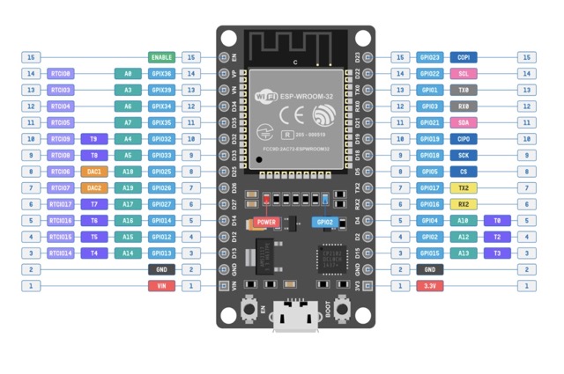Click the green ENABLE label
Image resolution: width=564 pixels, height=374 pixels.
pyautogui.click(x=161, y=57)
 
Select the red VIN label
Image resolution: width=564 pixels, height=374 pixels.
pyautogui.click(x=161, y=286)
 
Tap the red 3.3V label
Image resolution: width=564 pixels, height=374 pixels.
pyautogui.click(x=429, y=286)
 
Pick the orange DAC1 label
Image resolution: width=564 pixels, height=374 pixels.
pyautogui.click(x=94, y=172)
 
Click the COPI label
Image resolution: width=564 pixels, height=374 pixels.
pyautogui.click(x=464, y=57)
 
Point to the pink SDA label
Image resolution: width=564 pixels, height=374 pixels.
pyautogui.click(x=464, y=122)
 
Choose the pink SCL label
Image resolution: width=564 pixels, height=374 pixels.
pyautogui.click(x=464, y=74)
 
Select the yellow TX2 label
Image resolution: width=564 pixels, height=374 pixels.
pyautogui.click(x=464, y=187)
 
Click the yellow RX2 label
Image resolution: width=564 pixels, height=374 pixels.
pyautogui.click(x=464, y=204)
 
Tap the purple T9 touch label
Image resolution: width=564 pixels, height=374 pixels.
pyautogui.click(x=94, y=139)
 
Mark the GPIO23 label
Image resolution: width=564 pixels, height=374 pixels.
pyautogui.click(x=429, y=57)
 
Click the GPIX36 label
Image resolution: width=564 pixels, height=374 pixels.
pyautogui.click(x=161, y=74)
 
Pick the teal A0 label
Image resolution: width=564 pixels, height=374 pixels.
pyautogui.click(x=128, y=74)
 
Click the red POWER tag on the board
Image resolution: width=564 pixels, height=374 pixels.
pyautogui.click(x=266, y=223)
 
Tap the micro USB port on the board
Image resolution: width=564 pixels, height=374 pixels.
pyautogui.click(x=296, y=317)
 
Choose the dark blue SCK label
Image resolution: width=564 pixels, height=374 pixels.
pyautogui.click(x=464, y=155)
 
